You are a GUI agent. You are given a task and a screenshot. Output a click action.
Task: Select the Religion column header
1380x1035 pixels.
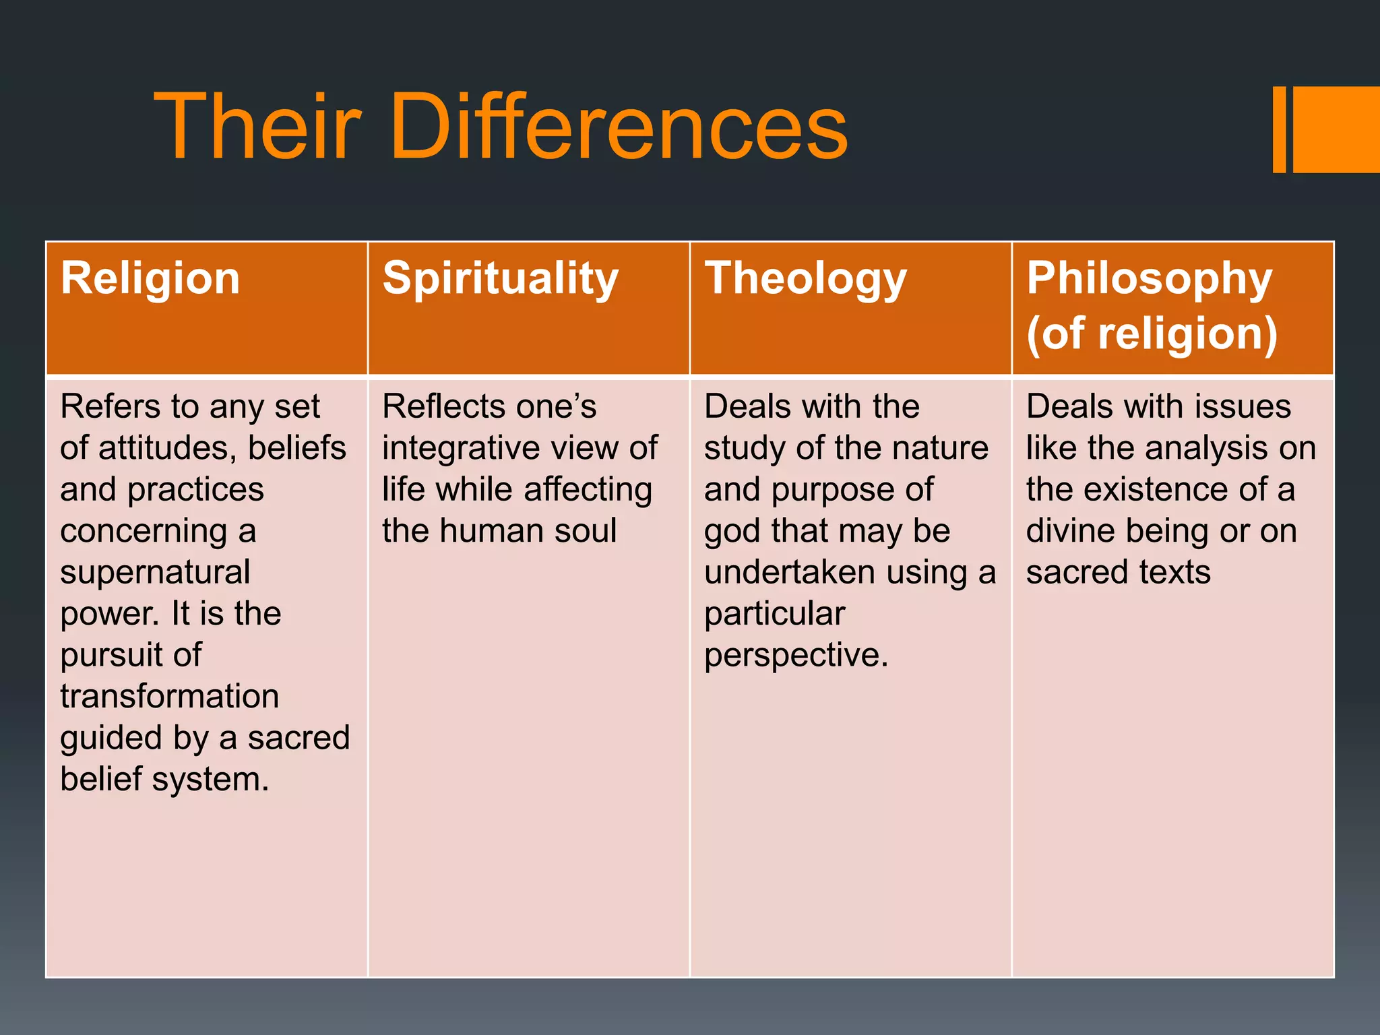point(150,278)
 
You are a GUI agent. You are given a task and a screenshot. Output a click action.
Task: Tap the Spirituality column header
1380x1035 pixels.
point(500,279)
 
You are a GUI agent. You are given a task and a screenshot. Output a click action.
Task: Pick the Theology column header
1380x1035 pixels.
point(805,279)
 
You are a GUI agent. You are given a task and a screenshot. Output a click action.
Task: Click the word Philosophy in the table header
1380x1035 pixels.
point(1149,279)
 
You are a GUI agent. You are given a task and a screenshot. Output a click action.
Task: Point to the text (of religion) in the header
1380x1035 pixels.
point(1152,334)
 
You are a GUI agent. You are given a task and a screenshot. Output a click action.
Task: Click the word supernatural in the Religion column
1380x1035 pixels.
point(155,572)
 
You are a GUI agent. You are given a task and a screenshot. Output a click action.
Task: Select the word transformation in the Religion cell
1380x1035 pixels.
point(169,696)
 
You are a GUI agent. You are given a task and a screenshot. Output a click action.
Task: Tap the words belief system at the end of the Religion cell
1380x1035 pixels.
point(164,779)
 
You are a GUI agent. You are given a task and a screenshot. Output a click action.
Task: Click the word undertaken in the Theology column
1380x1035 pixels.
point(789,572)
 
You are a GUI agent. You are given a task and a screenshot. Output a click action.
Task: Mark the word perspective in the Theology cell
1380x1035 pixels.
point(795,655)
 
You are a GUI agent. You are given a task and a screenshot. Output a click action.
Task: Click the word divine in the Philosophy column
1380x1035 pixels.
point(1071,530)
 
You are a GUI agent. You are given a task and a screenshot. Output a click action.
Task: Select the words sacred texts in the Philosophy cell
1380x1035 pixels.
point(1118,572)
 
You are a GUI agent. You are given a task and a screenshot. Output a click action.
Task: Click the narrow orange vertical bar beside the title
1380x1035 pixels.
point(1279,129)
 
